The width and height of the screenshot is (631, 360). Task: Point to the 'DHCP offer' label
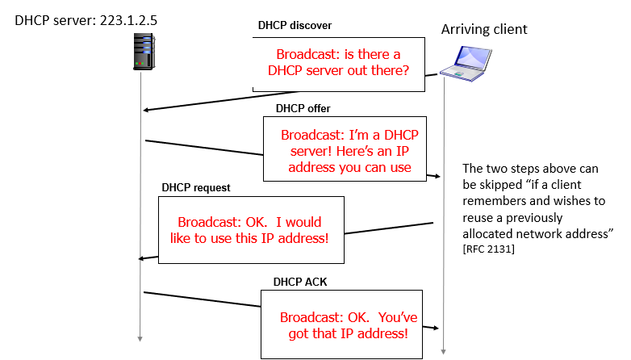[303, 107]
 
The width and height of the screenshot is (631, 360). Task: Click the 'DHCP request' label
[195, 187]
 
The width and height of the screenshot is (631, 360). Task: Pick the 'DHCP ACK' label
[299, 282]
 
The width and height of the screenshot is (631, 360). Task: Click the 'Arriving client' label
[483, 29]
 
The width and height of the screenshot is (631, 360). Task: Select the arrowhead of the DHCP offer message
[437, 175]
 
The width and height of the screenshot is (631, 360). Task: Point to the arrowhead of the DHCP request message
[143, 258]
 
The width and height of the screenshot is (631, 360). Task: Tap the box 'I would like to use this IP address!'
[250, 229]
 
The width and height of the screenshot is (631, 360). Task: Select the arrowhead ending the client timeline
[444, 352]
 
